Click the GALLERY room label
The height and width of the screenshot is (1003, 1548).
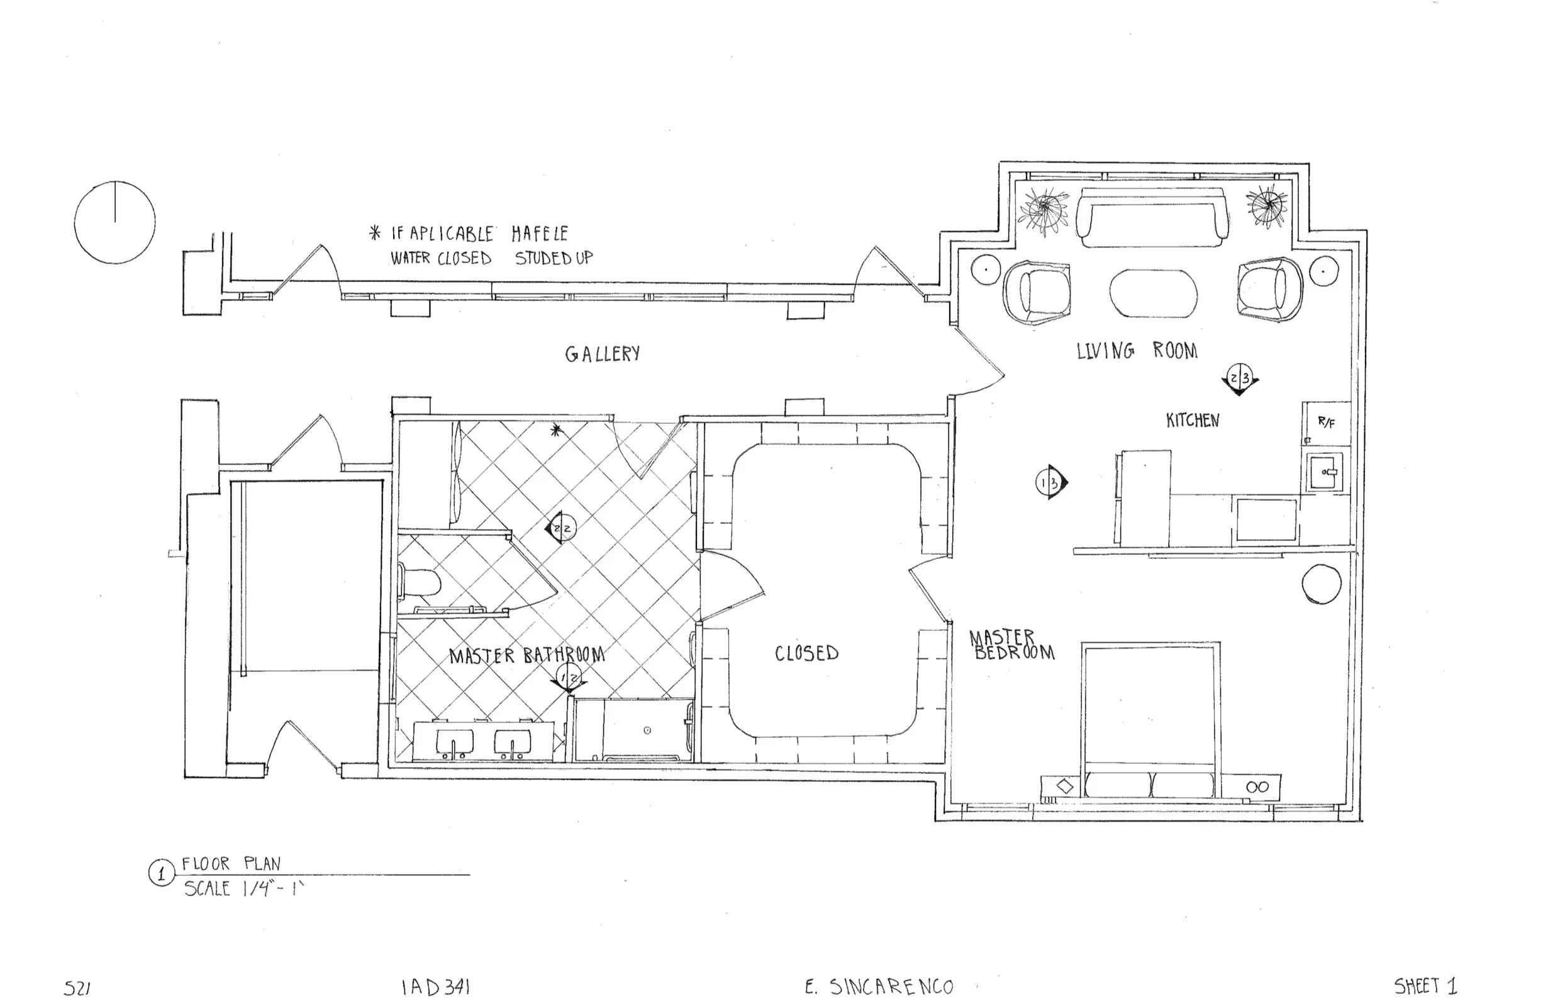coord(603,353)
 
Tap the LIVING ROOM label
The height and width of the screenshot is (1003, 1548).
coord(1136,351)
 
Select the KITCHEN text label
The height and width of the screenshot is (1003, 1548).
coord(1192,421)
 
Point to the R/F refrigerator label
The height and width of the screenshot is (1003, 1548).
coord(1326,422)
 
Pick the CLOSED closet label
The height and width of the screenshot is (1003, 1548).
coord(806,653)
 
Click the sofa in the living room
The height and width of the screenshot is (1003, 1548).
coord(1152,217)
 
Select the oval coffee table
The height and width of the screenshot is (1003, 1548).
coord(1152,293)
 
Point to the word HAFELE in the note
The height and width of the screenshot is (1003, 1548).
coord(539,233)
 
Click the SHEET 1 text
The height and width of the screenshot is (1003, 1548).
coord(1425,987)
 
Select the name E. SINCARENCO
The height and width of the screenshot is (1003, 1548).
coord(879,987)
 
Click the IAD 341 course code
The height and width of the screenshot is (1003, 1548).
coord(435,987)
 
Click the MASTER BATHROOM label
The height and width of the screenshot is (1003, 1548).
coord(526,655)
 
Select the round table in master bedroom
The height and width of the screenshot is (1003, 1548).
coord(1321,584)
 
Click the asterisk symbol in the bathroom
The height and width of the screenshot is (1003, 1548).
coord(555,429)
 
